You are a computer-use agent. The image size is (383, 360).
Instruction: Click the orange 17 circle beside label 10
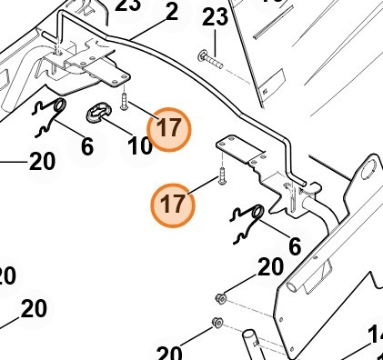coord(168,129)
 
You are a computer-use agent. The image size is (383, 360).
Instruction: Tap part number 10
coord(139,145)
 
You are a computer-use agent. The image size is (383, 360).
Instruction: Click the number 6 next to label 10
coord(86,145)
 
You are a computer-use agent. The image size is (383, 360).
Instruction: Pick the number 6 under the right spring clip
coord(294,246)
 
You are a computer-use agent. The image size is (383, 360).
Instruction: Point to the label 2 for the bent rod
coord(171,13)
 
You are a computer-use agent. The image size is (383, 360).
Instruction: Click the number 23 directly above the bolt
coord(215,17)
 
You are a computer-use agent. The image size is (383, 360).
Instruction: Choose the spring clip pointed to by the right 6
coord(249,223)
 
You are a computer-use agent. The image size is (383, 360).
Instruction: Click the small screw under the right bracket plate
coord(220,177)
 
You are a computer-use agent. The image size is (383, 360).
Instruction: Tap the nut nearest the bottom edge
coord(216,323)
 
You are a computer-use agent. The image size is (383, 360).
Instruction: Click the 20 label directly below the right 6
coord(270,267)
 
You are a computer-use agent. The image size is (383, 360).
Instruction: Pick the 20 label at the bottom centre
coord(170,351)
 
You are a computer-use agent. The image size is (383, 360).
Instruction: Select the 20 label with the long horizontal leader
coord(42,162)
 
